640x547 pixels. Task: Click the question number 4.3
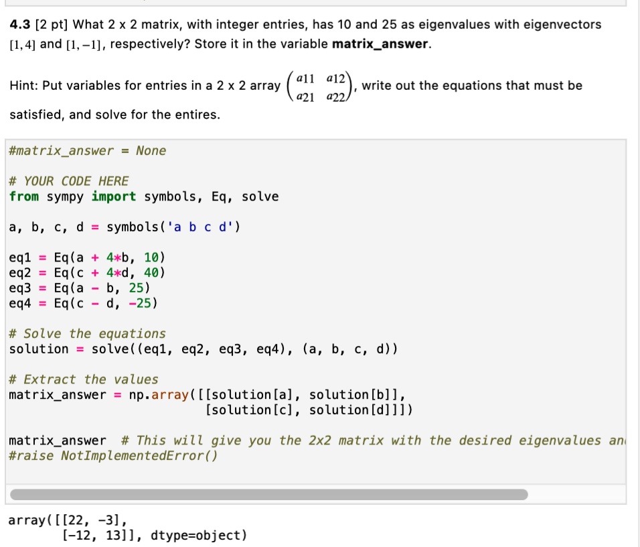pos(20,25)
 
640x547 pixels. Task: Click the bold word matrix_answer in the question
pos(380,44)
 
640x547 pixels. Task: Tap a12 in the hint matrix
pos(336,78)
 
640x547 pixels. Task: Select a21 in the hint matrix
pos(305,97)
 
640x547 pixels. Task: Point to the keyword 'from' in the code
pos(24,196)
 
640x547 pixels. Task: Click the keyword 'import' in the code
pos(113,196)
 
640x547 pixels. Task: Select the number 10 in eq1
pos(151,257)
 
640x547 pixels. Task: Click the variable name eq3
pos(20,288)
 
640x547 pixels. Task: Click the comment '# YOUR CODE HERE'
pos(68,181)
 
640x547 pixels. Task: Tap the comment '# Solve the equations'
pos(87,334)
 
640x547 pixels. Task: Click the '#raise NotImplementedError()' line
pos(113,455)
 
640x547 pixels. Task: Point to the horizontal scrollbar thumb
pos(269,495)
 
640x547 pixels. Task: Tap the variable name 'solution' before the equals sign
pos(39,349)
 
